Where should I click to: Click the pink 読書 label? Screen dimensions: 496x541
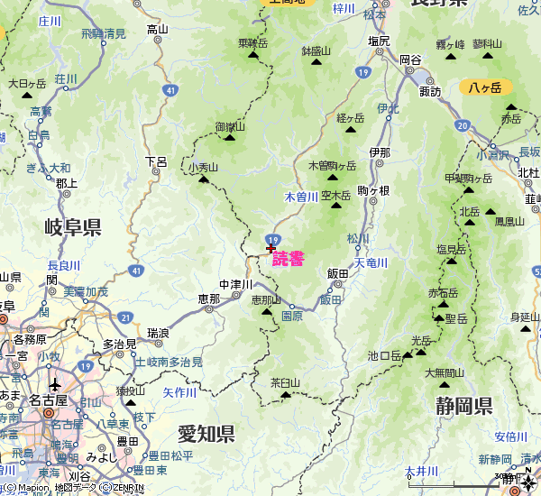[x=289, y=258]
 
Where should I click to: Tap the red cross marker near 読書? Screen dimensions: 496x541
[x=270, y=248]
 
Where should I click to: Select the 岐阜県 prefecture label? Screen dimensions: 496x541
[x=72, y=226]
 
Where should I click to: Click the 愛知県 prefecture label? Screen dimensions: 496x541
[x=206, y=435]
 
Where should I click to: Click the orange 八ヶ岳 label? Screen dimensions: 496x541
[x=486, y=87]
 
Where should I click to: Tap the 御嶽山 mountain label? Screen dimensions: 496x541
[x=230, y=127]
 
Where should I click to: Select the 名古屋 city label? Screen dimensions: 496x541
[x=48, y=400]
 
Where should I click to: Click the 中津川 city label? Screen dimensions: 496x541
[x=235, y=285]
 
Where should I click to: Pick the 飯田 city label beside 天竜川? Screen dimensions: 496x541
[x=338, y=273]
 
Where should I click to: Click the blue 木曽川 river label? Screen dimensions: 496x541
[x=301, y=197]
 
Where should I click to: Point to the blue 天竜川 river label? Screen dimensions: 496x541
[x=371, y=263]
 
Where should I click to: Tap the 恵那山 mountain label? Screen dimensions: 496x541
[x=266, y=299]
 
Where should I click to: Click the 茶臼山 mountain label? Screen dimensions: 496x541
[x=285, y=382]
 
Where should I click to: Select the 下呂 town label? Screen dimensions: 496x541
[x=156, y=161]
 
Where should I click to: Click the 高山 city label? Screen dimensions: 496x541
[x=157, y=29]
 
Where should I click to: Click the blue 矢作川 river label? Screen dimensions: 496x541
[x=179, y=393]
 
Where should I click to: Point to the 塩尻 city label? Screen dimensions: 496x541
[x=379, y=41]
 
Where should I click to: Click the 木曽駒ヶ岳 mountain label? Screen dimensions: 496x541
[x=333, y=166]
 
